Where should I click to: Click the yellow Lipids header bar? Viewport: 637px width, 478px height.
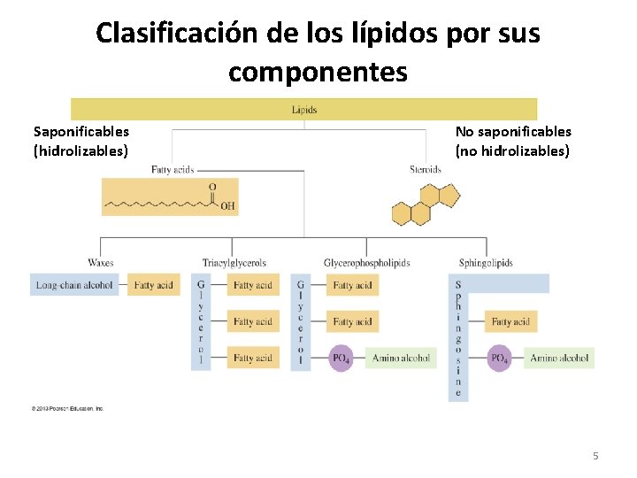tap(303, 110)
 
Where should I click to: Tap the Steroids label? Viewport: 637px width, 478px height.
tap(426, 169)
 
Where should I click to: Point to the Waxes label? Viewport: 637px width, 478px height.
tap(100, 263)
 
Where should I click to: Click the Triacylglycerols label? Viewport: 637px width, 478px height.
tap(234, 263)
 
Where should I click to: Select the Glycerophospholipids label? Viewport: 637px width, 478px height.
tap(366, 263)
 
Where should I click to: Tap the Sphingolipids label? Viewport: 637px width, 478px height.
tap(486, 263)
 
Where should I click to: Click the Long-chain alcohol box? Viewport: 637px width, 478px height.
tap(74, 285)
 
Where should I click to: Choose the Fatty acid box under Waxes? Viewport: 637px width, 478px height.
tap(154, 285)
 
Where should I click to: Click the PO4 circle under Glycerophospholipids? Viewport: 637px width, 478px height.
tap(341, 358)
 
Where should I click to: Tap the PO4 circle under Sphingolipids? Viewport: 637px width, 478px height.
tap(499, 358)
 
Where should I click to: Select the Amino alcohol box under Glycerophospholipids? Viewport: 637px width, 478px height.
tap(401, 358)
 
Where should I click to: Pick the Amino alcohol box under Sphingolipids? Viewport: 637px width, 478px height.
tap(559, 358)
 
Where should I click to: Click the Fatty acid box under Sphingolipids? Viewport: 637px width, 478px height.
tap(510, 322)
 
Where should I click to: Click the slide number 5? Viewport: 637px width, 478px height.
tap(595, 456)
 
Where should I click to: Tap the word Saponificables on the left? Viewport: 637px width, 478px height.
tap(81, 132)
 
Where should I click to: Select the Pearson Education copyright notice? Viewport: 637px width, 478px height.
tap(68, 408)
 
